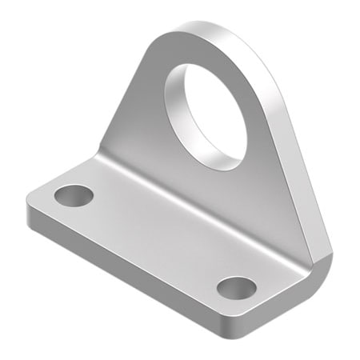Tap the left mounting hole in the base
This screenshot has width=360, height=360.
pos(74,194)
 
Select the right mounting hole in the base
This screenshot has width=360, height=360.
pos(236,287)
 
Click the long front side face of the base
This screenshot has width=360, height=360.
pos(128,272)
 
